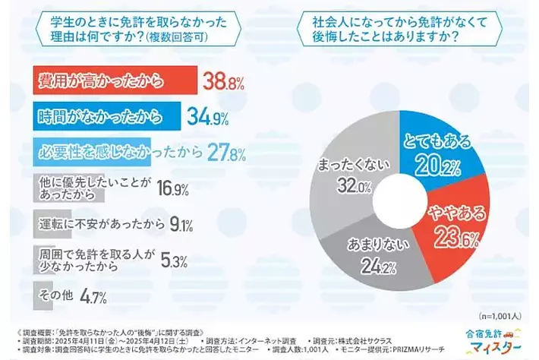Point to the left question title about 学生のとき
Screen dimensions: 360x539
click(133, 29)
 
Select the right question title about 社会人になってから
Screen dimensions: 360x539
click(402, 29)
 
